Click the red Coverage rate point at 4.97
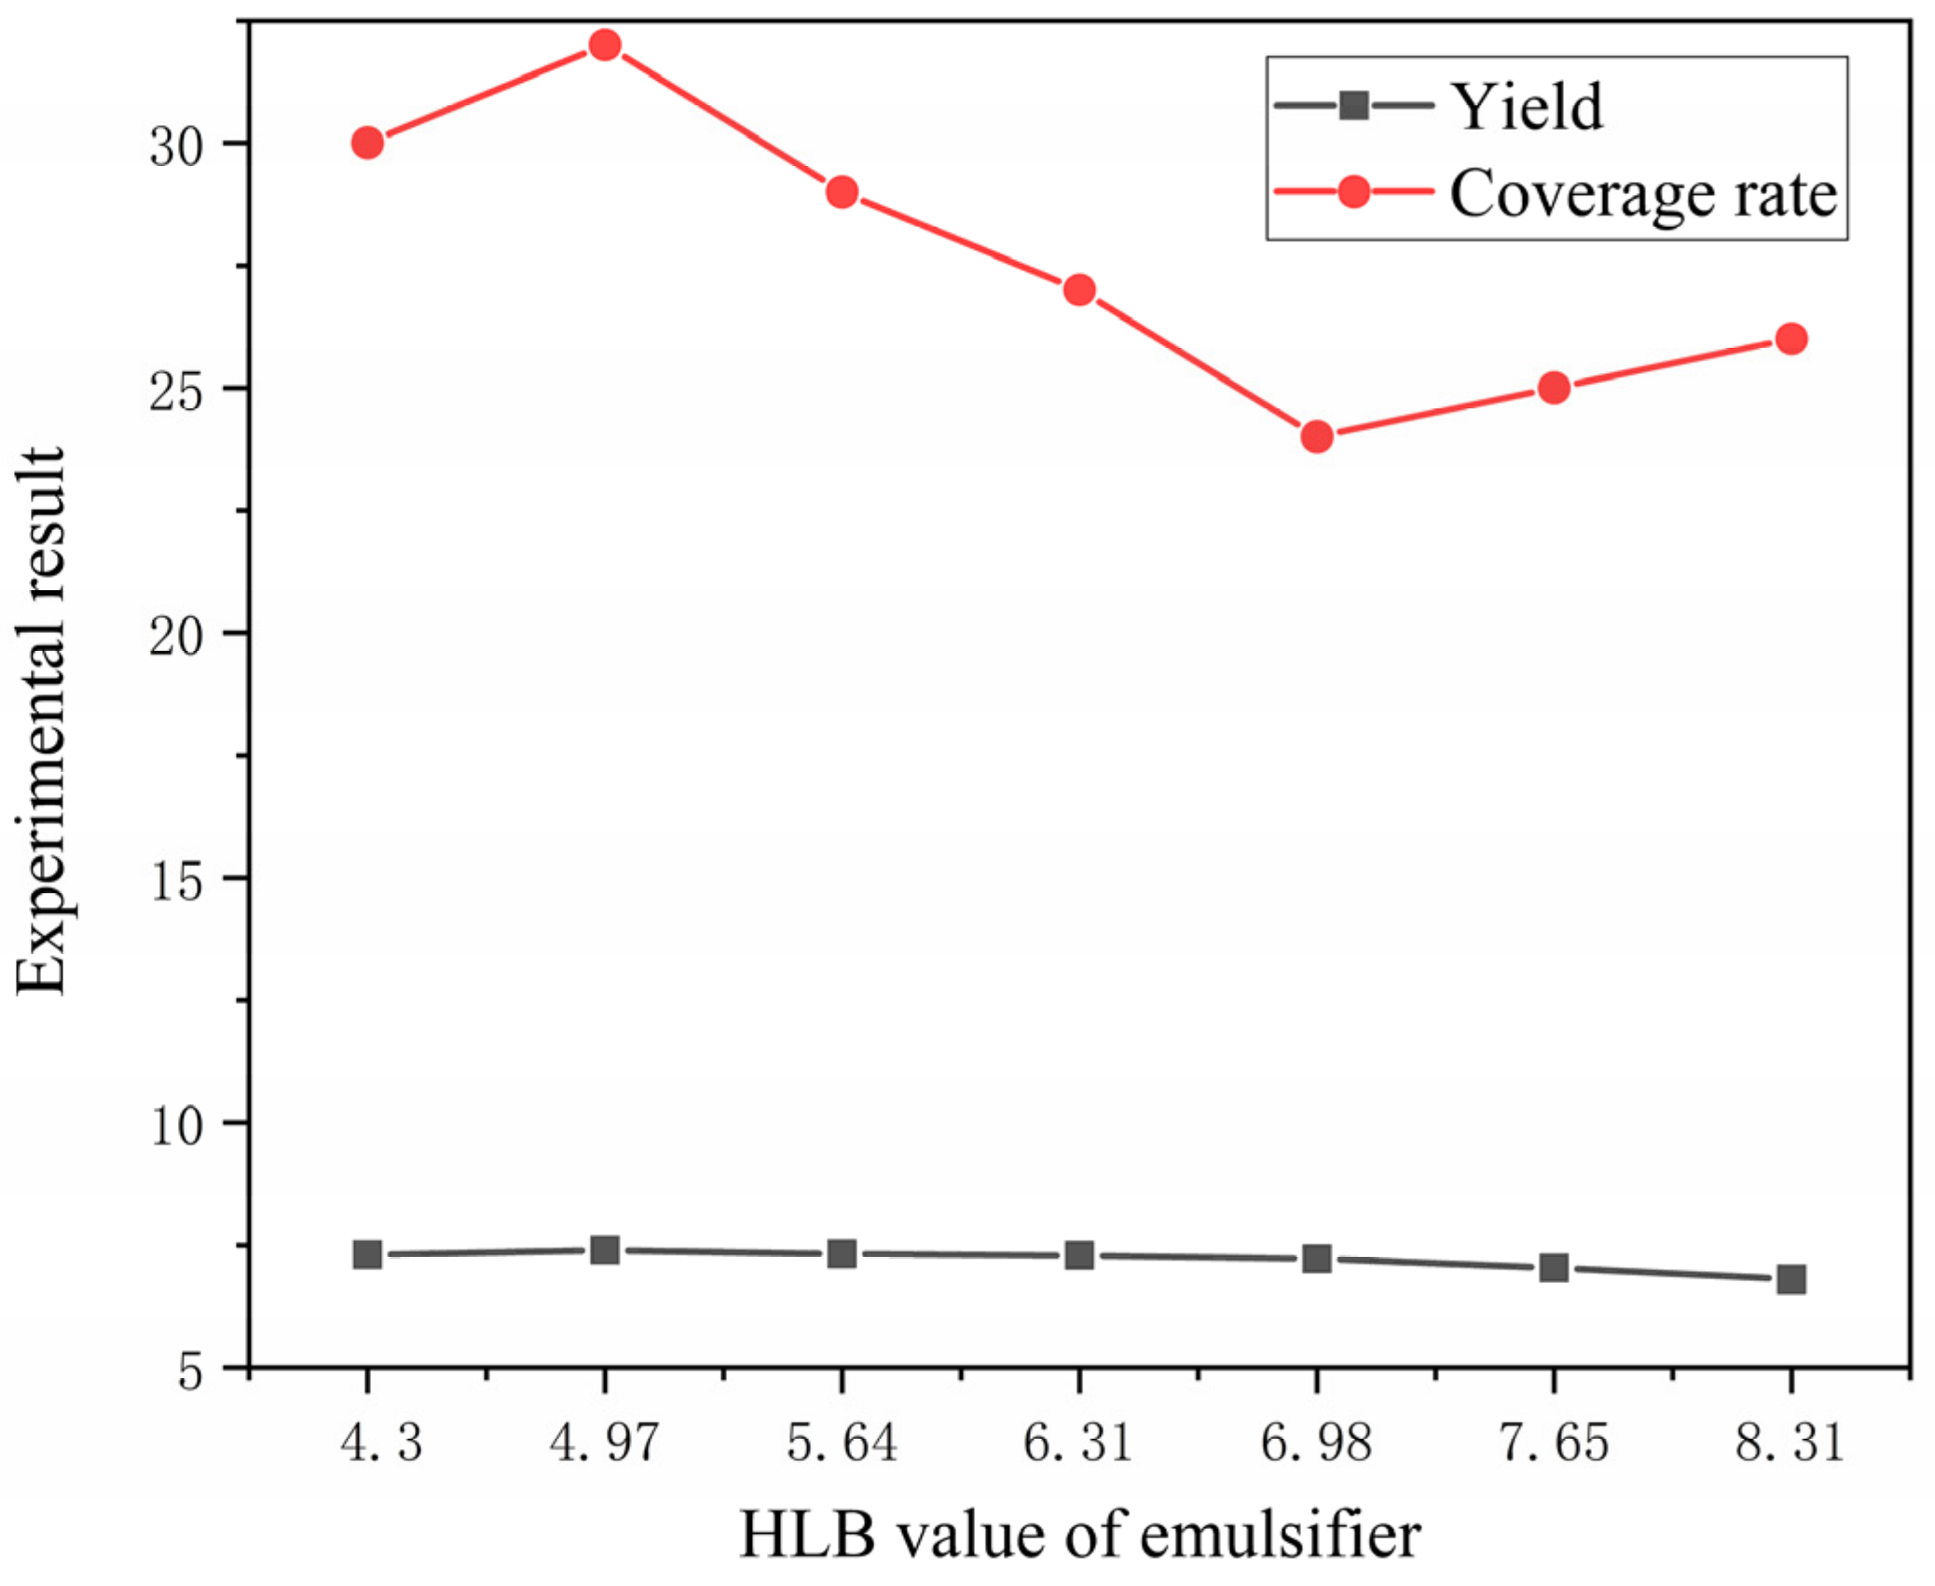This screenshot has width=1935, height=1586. click(604, 45)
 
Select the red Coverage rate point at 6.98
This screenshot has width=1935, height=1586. click(1315, 435)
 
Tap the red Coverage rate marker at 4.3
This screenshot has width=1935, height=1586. click(367, 143)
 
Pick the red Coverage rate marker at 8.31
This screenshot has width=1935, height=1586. click(1790, 338)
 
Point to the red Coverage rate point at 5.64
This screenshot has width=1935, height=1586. click(841, 192)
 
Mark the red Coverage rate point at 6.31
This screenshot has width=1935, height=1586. click(1078, 290)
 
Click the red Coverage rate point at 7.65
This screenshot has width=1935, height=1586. click(1553, 387)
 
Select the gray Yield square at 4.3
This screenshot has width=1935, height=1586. click(367, 1254)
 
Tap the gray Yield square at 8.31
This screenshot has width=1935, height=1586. click(1790, 1278)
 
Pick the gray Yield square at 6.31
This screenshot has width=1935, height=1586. click(1078, 1255)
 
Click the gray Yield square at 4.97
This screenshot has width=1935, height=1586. click(604, 1249)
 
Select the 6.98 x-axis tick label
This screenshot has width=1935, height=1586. click(1315, 1442)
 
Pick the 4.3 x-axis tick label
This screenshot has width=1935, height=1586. click(380, 1442)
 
